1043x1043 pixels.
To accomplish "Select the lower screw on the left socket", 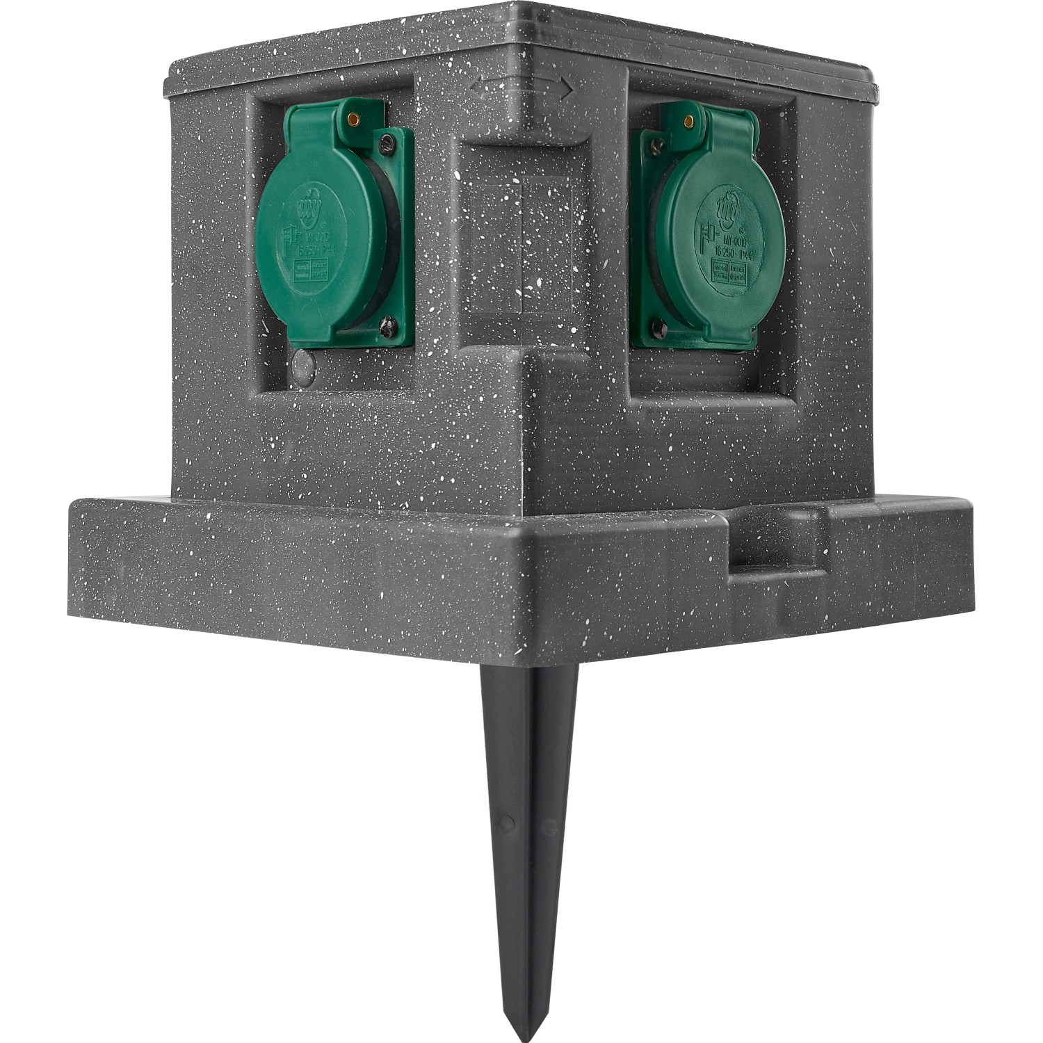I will click(387, 323).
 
